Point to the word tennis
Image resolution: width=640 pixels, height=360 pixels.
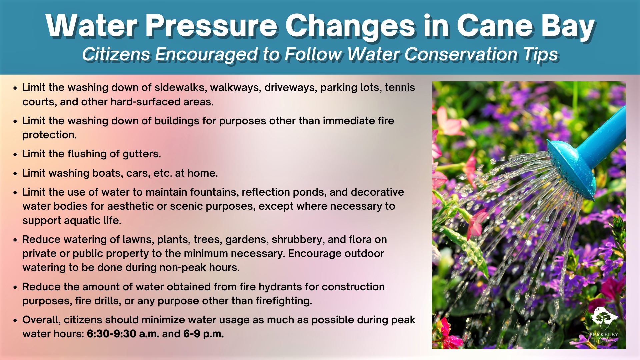click(x=400, y=87)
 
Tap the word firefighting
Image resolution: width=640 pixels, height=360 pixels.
click(x=284, y=301)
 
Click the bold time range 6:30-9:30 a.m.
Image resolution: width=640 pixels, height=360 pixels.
click(x=123, y=334)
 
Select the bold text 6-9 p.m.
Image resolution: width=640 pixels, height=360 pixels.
click(x=203, y=334)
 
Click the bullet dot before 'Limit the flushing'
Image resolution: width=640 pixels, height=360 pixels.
click(x=15, y=155)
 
